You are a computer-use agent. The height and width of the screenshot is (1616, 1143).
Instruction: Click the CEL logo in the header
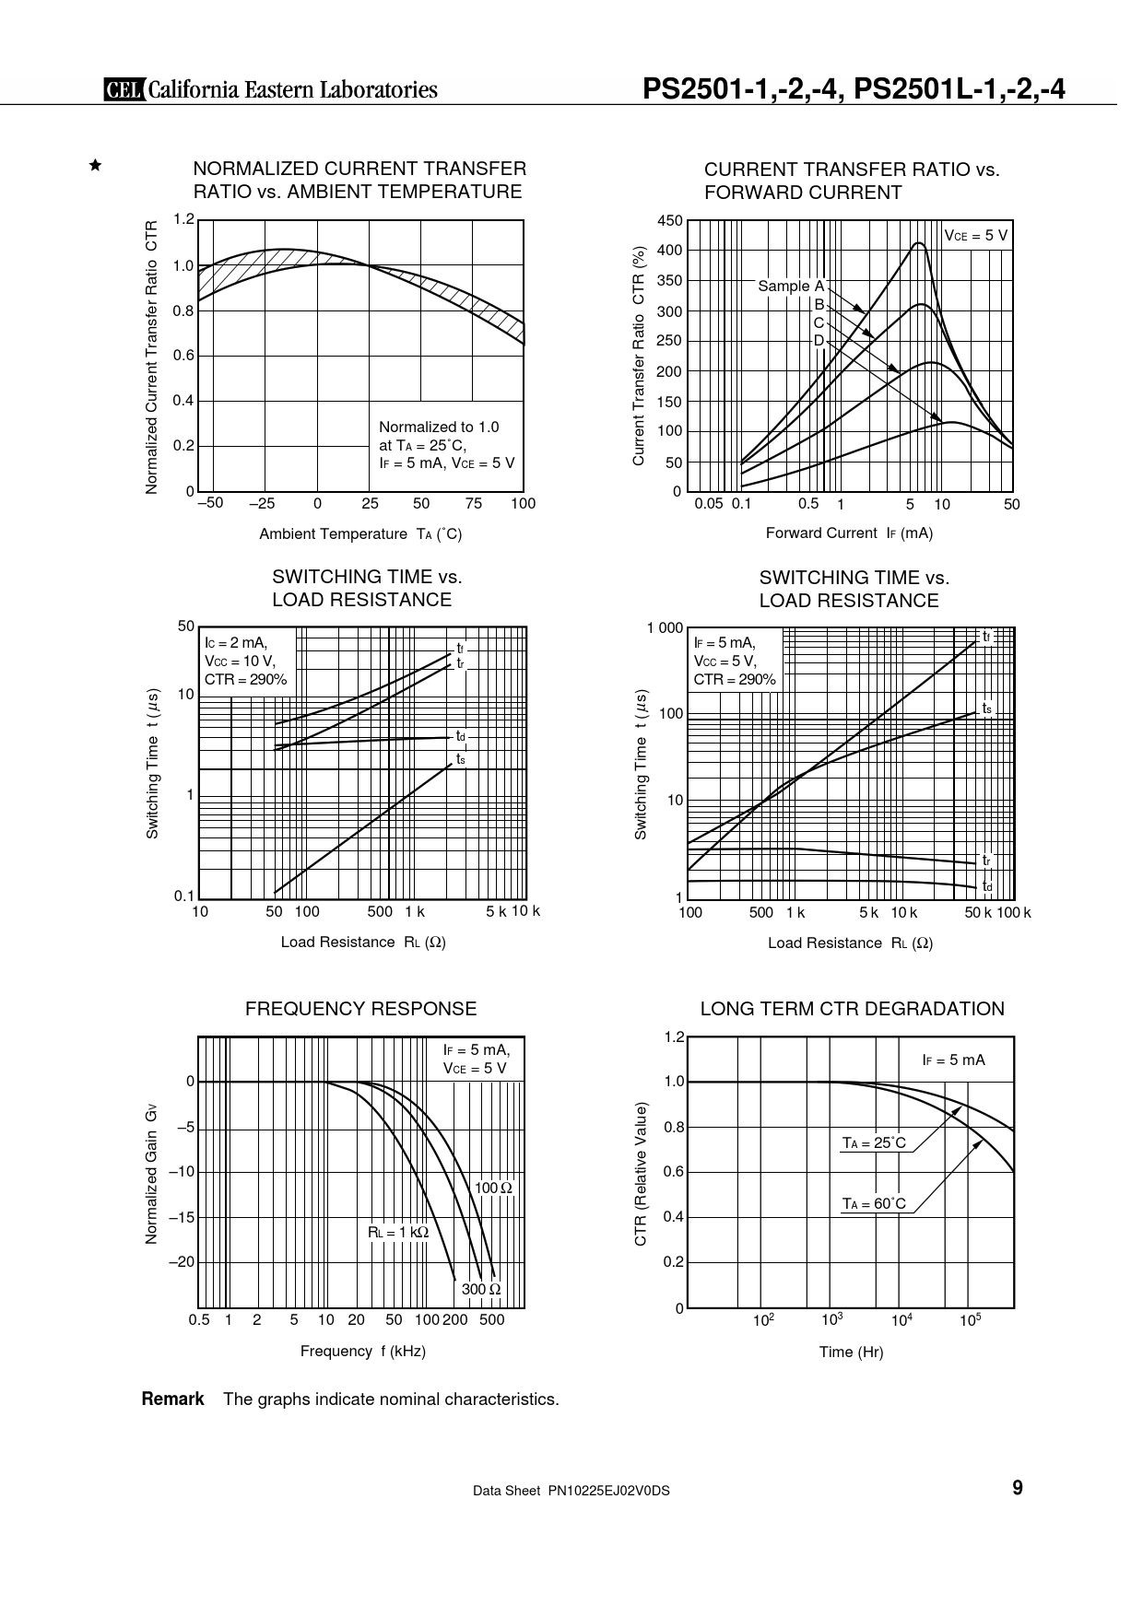[121, 89]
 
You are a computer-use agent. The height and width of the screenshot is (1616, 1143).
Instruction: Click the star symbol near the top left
[94, 166]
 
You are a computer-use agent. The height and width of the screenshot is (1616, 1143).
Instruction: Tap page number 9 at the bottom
[1018, 1488]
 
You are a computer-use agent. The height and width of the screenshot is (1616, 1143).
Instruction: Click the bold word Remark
[172, 1399]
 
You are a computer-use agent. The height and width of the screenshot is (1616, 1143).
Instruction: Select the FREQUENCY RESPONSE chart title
[360, 1009]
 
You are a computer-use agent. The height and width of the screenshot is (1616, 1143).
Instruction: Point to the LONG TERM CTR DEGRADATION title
[852, 1009]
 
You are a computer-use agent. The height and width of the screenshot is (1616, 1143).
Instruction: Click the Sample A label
[790, 287]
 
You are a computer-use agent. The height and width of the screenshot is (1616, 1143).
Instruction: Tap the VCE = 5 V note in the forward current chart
[976, 236]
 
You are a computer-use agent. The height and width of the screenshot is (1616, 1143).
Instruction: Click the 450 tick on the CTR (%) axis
[670, 221]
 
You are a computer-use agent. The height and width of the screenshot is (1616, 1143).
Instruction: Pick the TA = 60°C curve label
[874, 1203]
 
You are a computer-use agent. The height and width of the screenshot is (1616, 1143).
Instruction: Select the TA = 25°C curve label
[874, 1143]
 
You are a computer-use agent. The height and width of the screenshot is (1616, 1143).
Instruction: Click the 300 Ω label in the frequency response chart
[481, 1289]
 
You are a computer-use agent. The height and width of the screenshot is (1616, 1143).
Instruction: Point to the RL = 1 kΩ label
[398, 1232]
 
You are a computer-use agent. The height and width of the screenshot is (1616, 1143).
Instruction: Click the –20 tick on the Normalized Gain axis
[182, 1262]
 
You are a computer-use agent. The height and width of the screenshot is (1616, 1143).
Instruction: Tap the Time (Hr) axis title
[851, 1352]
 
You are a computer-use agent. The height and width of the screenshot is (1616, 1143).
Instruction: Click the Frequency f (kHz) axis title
[362, 1351]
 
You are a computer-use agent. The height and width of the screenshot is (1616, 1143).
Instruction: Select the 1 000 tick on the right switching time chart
[665, 628]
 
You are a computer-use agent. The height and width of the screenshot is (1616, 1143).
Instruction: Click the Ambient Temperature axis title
[360, 533]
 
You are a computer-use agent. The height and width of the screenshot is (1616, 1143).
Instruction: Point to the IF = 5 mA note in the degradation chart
[953, 1060]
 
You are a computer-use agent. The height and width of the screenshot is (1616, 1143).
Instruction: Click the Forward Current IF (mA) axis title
[849, 533]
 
